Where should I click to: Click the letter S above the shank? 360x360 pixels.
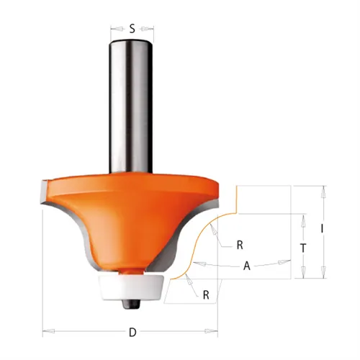tap(132, 30)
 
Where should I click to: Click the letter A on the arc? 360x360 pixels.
tap(247, 266)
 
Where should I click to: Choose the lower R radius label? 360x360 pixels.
tap(205, 294)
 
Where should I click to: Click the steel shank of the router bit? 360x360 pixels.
tap(132, 108)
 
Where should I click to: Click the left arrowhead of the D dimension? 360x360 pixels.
tap(46, 332)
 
